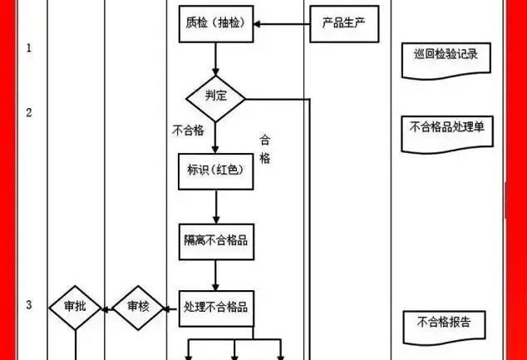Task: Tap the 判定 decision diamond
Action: pyautogui.click(x=215, y=97)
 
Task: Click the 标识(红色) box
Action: pyautogui.click(x=215, y=170)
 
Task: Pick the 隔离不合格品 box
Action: pyautogui.click(x=215, y=241)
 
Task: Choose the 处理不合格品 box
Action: pyautogui.click(x=215, y=308)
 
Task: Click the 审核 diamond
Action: pyautogui.click(x=138, y=308)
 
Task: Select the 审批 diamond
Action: pyautogui.click(x=76, y=308)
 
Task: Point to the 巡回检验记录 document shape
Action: pyautogui.click(x=446, y=56)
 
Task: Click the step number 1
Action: pyautogui.click(x=29, y=48)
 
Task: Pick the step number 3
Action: pyautogui.click(x=29, y=306)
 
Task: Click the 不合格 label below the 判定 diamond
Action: pyautogui.click(x=188, y=131)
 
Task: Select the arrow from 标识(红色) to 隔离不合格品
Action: pyautogui.click(x=215, y=206)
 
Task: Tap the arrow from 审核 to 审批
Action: pyautogui.click(x=106, y=308)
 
